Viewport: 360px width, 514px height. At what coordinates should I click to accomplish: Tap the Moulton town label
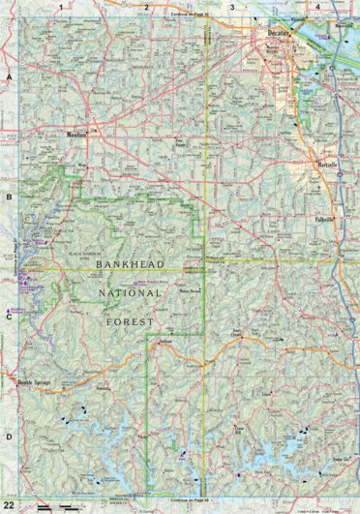pyautogui.click(x=76, y=135)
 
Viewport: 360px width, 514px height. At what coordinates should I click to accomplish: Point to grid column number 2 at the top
pyautogui.click(x=146, y=6)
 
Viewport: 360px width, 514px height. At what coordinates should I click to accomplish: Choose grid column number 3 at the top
pyautogui.click(x=231, y=6)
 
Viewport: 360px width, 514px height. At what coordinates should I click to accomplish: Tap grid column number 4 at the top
pyautogui.click(x=316, y=6)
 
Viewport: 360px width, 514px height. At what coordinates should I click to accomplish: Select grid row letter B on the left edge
pyautogui.click(x=7, y=196)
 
